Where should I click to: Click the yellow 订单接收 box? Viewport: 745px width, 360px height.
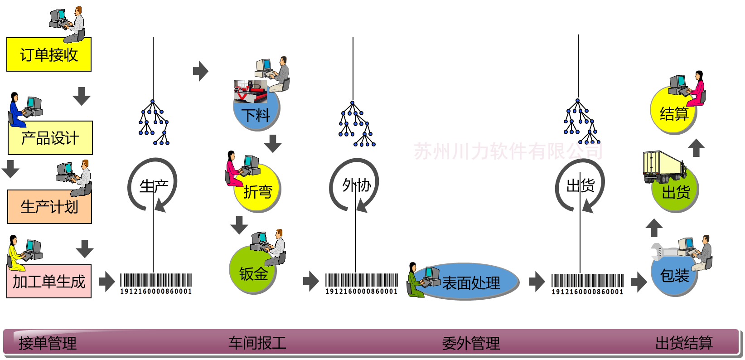pos(49,55)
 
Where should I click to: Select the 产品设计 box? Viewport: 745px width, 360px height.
pos(50,138)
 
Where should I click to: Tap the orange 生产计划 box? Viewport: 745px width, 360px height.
pos(49,207)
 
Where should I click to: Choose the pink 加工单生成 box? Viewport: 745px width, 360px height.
pos(49,282)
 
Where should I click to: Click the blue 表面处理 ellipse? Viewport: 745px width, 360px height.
pos(471,282)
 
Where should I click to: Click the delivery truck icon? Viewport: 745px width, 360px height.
pos(663,166)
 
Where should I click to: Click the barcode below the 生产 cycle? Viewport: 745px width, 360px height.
pos(156,283)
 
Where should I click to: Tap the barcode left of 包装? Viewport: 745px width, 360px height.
pos(587,284)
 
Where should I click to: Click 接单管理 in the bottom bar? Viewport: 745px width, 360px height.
pos(48,343)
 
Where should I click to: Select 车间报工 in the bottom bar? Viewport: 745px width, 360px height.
pos(257,343)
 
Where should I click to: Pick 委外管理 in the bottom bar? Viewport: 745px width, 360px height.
pos(471,343)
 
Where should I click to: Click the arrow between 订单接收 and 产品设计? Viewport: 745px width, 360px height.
pos(82,96)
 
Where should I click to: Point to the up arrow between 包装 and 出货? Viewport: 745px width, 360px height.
pos(653,228)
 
